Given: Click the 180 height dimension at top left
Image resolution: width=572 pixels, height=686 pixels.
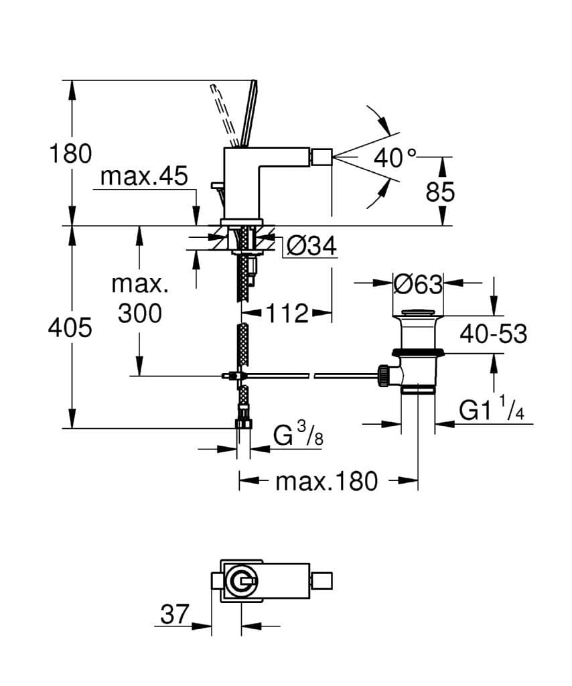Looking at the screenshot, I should pos(70,154).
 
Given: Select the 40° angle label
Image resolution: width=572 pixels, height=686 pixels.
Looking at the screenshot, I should pos(395,158).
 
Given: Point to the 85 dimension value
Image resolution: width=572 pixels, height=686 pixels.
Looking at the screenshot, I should pos(440,192).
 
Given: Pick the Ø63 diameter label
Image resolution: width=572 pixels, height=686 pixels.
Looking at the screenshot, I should pos(418,285).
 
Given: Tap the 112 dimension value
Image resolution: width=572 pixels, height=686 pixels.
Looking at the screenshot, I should pos(286,312).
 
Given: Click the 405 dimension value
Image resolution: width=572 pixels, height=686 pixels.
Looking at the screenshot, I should pos(70,328).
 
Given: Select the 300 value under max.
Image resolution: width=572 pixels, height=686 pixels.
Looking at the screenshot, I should pos(140,313).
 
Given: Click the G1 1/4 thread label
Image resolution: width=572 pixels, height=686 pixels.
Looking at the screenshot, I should pos(491,410).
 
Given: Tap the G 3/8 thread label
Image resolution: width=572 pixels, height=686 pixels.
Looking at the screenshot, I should pos(299,437).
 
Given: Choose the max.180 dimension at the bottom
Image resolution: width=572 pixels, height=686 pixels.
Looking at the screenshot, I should pos(326,480).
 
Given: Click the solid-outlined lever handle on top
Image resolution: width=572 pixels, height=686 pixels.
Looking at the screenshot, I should pos(247,114).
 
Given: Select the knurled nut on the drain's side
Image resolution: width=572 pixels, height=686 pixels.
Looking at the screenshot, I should pos(385,375).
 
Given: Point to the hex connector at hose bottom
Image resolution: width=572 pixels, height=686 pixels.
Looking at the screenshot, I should pos(244,424).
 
